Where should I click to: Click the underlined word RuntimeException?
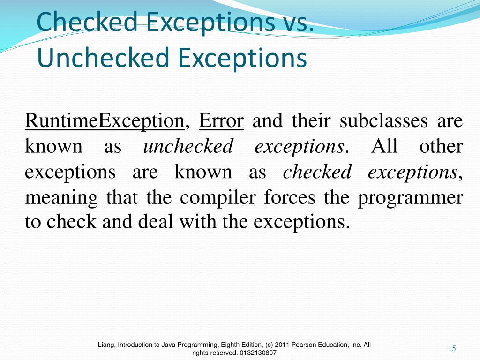[104, 121]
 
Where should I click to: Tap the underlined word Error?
[221, 121]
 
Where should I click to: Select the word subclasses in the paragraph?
[383, 121]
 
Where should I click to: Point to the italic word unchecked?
[188, 147]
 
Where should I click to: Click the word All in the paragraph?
[384, 147]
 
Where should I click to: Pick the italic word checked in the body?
[317, 172]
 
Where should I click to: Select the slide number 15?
[452, 348]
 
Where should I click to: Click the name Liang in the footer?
[106, 345]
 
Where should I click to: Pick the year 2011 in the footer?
[283, 345]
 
